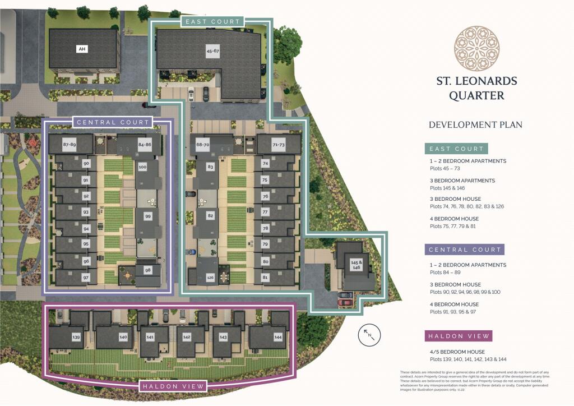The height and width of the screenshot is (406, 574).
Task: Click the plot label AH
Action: point(82,49)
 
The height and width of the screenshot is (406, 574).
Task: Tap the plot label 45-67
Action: point(213,51)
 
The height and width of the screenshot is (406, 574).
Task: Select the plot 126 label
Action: point(210,277)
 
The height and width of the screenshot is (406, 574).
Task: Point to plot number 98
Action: point(148,270)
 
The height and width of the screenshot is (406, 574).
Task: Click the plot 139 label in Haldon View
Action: point(76,337)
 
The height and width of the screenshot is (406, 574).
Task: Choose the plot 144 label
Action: point(278,337)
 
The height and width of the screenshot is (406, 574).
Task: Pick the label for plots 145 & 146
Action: point(355,265)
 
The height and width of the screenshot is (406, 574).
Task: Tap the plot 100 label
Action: point(142,167)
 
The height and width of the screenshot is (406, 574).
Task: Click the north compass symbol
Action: point(369,335)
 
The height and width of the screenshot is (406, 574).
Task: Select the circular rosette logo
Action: point(476,48)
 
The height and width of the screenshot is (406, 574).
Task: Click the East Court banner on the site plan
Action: point(212,22)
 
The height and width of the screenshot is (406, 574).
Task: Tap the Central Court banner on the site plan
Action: point(113,122)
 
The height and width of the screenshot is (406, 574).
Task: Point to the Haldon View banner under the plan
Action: point(173,386)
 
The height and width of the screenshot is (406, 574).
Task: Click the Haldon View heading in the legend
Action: point(459,336)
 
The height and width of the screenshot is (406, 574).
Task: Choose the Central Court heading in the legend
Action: point(464,250)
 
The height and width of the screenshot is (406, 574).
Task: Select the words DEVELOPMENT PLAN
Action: point(475,124)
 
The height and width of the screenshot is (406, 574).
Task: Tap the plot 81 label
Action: point(265,277)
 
